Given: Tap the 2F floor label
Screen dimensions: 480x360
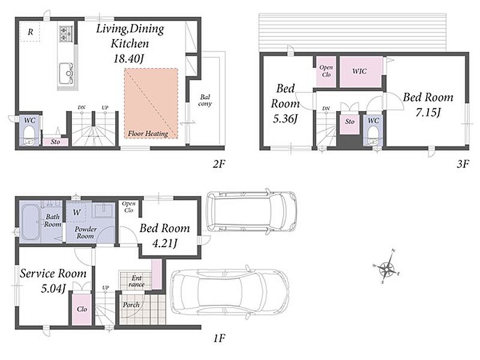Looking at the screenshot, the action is (x=219, y=164).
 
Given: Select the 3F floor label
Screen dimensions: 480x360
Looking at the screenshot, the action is (x=463, y=164).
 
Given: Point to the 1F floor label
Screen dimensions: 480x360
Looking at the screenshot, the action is (x=219, y=338).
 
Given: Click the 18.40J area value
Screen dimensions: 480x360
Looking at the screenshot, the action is (x=128, y=58).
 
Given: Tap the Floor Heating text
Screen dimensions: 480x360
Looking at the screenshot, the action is (x=148, y=133).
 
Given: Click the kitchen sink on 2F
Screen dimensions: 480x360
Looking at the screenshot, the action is (x=66, y=73).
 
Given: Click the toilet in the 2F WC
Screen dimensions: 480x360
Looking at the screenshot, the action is (x=29, y=136).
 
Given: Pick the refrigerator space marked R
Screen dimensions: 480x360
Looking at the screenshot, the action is (x=30, y=32).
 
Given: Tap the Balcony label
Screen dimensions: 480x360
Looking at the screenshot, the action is (x=205, y=100).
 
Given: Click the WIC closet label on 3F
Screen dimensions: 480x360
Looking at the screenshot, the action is (x=359, y=71).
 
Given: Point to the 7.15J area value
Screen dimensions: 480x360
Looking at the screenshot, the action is (x=428, y=113).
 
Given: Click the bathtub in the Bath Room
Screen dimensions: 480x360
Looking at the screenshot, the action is (x=30, y=222).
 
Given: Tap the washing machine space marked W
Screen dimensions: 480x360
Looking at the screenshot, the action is (x=77, y=212).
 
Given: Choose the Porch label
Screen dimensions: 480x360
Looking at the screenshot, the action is (x=131, y=305).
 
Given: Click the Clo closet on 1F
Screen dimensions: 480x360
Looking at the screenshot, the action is (x=82, y=309).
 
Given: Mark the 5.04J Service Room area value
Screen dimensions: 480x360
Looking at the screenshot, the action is (x=53, y=288).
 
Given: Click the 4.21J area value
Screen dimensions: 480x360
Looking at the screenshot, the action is (x=164, y=244).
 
